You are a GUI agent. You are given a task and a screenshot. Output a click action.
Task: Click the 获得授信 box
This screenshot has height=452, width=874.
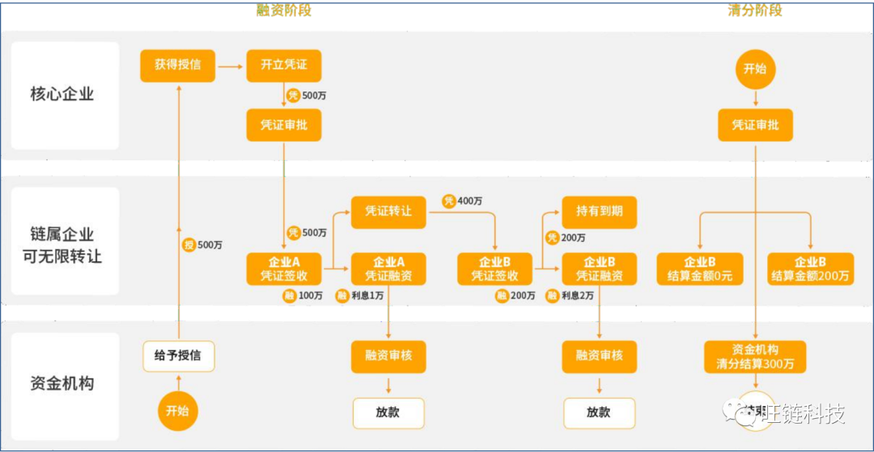[x=178, y=65]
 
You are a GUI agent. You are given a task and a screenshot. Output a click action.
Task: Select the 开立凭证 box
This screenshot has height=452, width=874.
[x=283, y=65]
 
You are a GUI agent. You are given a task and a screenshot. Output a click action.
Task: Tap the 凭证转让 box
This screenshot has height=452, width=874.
[x=388, y=211]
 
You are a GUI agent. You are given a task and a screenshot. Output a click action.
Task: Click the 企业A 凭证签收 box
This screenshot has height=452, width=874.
[x=283, y=268]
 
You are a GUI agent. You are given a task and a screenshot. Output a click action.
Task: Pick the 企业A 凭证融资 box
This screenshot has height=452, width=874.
[x=388, y=268]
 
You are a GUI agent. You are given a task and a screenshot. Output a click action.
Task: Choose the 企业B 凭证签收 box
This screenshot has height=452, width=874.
[x=494, y=268]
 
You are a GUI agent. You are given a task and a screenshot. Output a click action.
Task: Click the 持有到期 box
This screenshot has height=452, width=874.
[x=599, y=211]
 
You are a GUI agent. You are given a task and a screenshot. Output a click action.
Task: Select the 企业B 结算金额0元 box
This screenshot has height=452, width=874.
[x=700, y=268]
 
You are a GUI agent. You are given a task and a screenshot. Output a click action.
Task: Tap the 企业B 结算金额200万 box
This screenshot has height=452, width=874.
[x=810, y=268]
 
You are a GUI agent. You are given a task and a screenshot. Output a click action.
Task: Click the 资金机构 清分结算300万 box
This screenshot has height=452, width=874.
[x=755, y=357]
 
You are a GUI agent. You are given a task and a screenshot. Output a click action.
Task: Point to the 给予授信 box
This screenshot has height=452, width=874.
[x=178, y=355]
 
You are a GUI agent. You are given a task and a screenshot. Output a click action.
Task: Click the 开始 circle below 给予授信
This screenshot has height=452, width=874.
[x=177, y=410]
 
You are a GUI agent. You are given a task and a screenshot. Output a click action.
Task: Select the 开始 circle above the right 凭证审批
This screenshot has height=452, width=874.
[x=755, y=69]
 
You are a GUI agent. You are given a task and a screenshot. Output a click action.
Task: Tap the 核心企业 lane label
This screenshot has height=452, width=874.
[x=62, y=95]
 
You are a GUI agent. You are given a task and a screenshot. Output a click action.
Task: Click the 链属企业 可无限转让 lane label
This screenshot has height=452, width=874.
[x=62, y=246]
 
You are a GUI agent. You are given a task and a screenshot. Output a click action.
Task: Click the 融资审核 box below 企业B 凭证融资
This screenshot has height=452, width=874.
[x=599, y=355]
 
